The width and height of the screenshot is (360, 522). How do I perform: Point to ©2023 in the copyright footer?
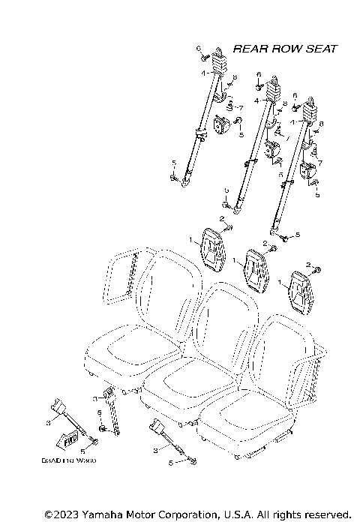(x=59, y=514)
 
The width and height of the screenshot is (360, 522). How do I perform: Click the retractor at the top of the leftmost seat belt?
(x=219, y=60)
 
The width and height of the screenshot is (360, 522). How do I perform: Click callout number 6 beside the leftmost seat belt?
(x=199, y=49)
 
